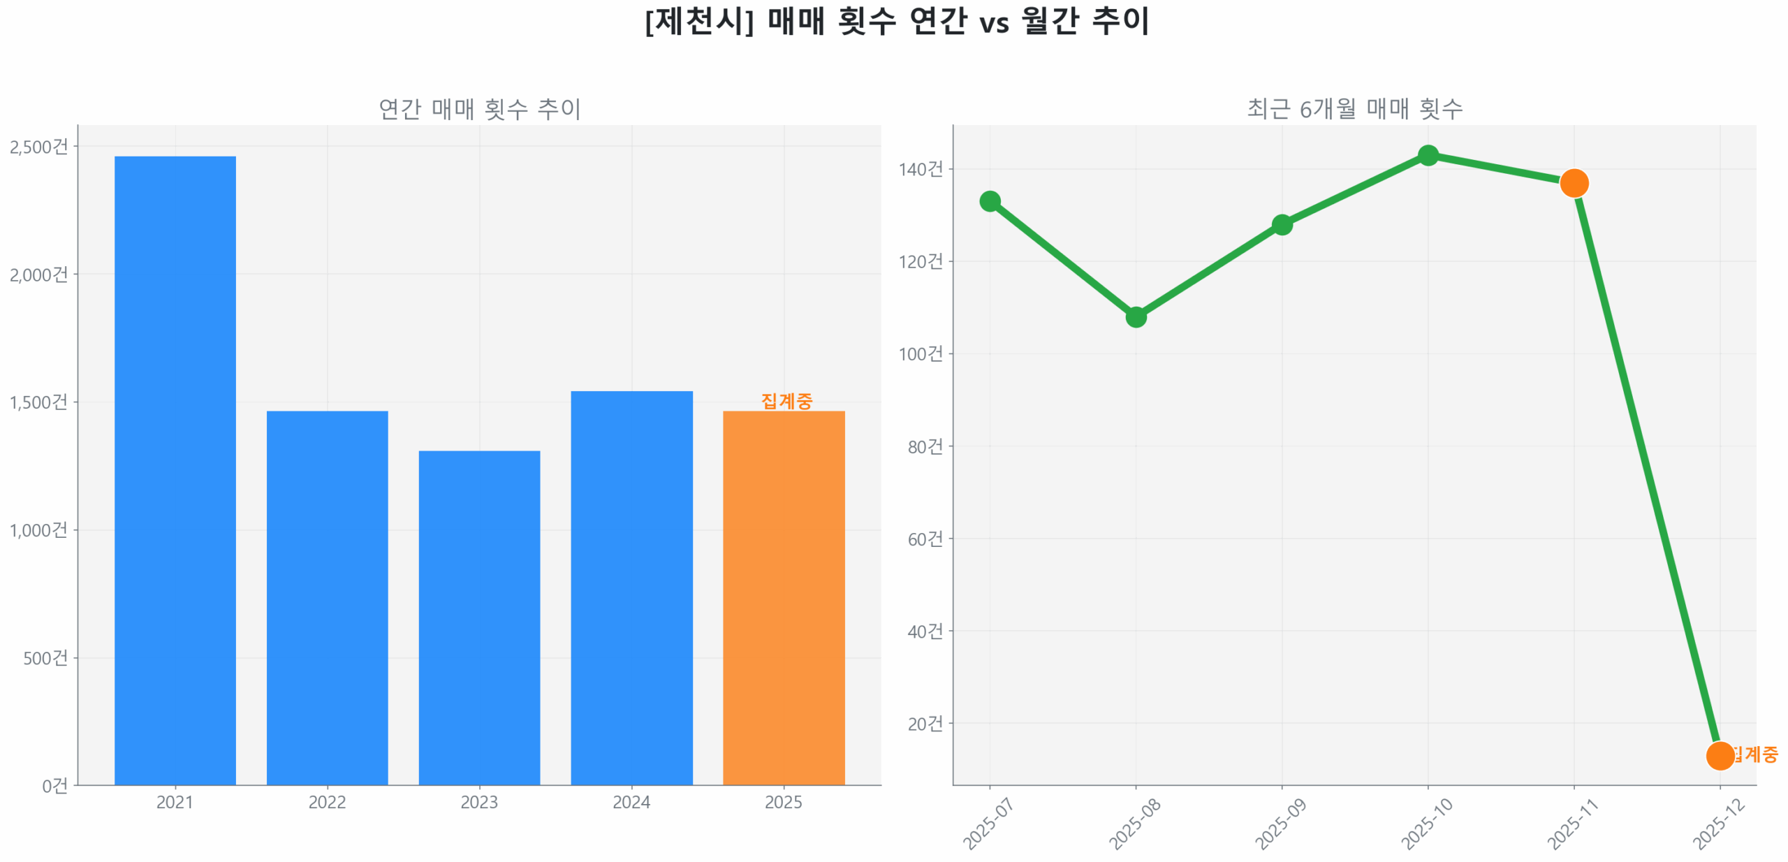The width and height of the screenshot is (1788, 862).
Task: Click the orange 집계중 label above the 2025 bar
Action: click(x=786, y=400)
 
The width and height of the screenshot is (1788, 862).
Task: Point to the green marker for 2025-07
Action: click(x=990, y=201)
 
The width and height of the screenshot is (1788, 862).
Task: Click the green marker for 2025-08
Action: click(x=1136, y=316)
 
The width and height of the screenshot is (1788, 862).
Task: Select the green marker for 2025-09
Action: click(x=1282, y=224)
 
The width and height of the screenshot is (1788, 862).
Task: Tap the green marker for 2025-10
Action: click(x=1428, y=155)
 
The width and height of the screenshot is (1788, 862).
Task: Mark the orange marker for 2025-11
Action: click(x=1574, y=183)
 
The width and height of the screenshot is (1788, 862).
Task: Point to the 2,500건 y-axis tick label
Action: click(x=39, y=147)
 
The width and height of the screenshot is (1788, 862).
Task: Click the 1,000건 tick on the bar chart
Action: click(x=39, y=529)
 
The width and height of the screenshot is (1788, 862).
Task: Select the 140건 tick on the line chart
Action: click(x=921, y=169)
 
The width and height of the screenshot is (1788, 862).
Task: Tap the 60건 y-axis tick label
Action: click(x=925, y=539)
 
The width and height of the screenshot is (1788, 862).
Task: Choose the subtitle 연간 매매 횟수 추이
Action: click(x=479, y=108)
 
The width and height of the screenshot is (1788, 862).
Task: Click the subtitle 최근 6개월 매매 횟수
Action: click(x=1354, y=108)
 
